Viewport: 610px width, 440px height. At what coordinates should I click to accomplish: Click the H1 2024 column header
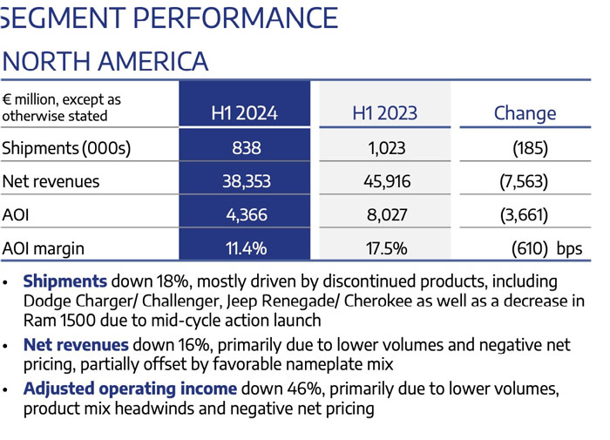click(244, 113)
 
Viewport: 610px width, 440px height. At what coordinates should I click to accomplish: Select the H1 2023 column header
click(385, 113)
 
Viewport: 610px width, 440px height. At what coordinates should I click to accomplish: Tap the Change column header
click(525, 113)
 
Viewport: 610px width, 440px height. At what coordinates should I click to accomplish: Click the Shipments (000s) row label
click(66, 148)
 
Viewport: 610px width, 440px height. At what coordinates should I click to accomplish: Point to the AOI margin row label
click(44, 248)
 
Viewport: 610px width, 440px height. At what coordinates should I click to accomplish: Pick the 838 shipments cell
click(247, 148)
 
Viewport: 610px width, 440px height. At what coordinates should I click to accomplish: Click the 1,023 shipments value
click(387, 148)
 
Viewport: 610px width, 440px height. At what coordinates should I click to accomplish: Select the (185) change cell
click(530, 148)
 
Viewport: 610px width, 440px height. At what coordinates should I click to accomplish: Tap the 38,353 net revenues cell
click(247, 182)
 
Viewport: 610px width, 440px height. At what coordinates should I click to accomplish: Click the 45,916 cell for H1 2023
click(387, 182)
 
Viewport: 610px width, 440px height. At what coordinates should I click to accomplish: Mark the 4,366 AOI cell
click(247, 215)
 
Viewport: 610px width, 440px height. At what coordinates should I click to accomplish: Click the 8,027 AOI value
click(387, 215)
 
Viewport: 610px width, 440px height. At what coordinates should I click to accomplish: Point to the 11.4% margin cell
click(247, 248)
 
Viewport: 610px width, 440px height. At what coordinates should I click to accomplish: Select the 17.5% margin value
click(387, 248)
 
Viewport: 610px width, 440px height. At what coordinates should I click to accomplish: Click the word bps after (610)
click(569, 248)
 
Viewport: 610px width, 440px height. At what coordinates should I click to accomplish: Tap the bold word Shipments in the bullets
click(65, 281)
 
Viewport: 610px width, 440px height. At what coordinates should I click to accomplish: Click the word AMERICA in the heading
click(152, 62)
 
